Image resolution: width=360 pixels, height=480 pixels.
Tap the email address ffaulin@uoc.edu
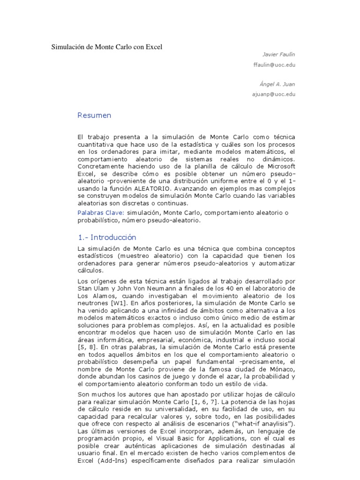pos(274,65)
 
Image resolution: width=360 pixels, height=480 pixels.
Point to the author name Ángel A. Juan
pos(277,84)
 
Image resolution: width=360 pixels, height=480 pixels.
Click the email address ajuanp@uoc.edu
pos(274,94)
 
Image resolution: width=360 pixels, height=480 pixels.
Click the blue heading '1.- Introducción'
pos(107,237)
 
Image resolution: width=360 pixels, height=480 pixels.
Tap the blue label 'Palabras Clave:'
pos(95,213)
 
